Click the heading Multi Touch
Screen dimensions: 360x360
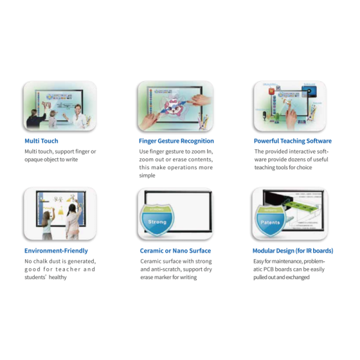(x=41, y=141)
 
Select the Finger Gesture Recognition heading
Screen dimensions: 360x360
(x=176, y=141)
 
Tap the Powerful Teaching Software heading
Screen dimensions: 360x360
(x=293, y=141)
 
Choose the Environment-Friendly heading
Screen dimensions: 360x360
(x=56, y=251)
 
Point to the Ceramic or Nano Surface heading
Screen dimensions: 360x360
(x=175, y=251)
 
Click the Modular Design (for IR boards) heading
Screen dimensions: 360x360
(x=293, y=251)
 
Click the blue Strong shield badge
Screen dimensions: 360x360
(x=157, y=220)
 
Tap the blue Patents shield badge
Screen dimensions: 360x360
(x=270, y=220)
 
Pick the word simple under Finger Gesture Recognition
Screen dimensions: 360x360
(x=147, y=175)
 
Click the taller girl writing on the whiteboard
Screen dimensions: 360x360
(x=74, y=221)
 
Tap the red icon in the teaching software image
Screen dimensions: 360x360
(x=272, y=91)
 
